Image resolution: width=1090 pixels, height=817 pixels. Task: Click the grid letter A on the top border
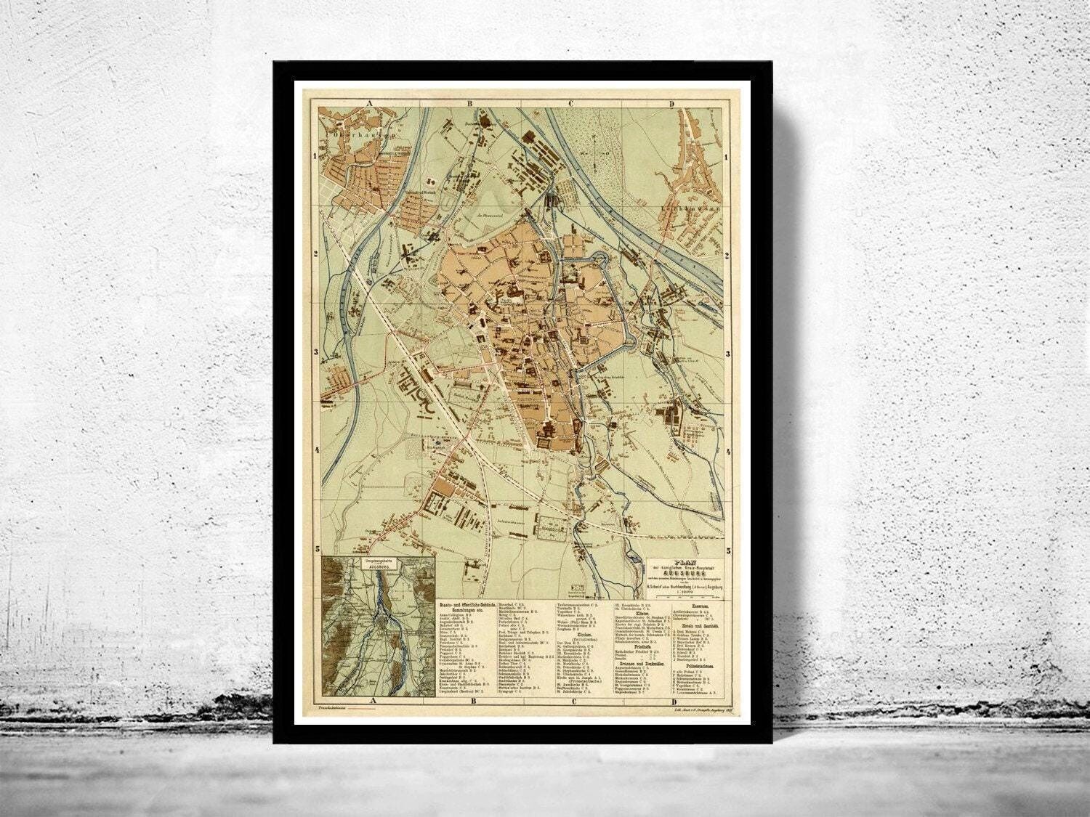pos(370,104)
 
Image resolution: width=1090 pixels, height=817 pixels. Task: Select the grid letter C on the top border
pos(571,104)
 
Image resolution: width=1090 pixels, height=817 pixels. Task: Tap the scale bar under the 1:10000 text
pos(685,596)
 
